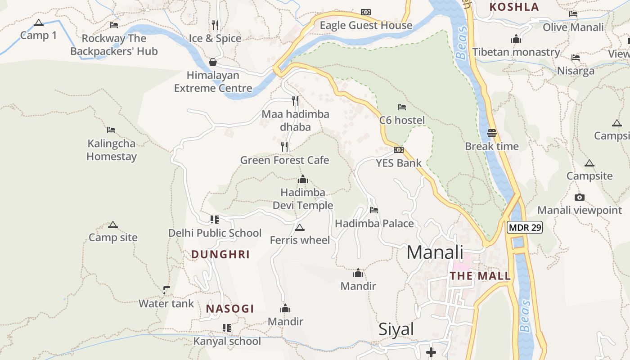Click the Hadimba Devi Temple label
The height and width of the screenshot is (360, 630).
coord(303,199)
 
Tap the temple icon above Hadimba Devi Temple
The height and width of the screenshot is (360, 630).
coord(303,180)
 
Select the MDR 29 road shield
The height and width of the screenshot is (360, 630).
coord(525,228)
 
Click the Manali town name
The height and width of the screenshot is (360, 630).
coord(435,252)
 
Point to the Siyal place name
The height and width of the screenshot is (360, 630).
coord(396,329)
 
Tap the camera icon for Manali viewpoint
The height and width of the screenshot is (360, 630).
coord(580,197)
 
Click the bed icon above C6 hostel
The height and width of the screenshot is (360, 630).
coord(402,107)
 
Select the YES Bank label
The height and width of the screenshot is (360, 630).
coord(399,163)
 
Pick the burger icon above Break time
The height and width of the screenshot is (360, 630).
coord(492,133)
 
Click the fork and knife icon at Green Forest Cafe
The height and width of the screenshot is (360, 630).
coord(284,147)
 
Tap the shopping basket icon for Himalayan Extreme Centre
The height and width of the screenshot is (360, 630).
coord(213,62)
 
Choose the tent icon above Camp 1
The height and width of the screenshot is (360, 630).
coord(39,22)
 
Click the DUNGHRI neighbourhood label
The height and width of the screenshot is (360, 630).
coord(220,255)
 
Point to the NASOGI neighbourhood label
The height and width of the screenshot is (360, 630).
coord(230,309)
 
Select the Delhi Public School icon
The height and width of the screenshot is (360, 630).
coord(215,220)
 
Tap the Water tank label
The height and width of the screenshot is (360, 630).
coord(166,304)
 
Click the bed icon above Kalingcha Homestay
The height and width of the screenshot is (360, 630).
coord(111,130)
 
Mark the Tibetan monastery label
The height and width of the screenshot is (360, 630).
coord(516,52)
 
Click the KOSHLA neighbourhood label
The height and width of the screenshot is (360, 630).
coord(514,7)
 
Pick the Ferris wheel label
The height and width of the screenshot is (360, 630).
coord(300,240)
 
